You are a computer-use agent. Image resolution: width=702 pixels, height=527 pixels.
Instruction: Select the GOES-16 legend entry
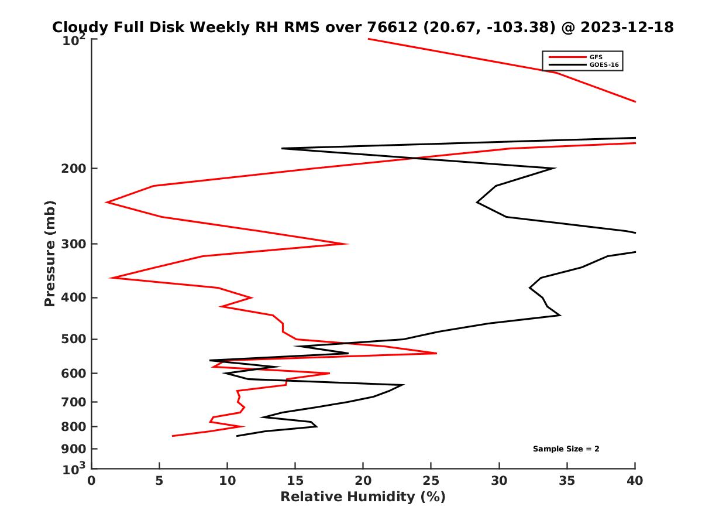pos(605,65)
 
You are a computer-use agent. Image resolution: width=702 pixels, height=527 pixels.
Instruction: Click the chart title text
pos(363,27)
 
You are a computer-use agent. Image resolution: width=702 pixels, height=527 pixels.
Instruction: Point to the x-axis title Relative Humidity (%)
pos(363,497)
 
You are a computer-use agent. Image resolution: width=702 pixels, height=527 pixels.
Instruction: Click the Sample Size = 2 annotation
pos(566,449)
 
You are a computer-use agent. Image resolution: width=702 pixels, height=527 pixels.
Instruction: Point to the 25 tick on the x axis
pos(431,481)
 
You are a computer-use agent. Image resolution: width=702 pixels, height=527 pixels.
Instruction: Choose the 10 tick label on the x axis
pos(227,481)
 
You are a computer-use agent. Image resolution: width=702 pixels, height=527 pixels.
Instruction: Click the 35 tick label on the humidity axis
pos(567,481)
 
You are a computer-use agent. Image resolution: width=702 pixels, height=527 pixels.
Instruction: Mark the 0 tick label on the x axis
pos(92,481)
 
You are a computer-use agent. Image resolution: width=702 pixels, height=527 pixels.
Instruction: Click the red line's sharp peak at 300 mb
pos(348,244)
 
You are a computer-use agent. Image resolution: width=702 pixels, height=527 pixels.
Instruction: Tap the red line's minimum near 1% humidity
pos(106,202)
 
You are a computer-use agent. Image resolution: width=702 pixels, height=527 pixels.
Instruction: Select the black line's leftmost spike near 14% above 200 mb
pos(282,148)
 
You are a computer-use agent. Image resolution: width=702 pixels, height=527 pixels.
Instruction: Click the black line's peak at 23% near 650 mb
pos(404,385)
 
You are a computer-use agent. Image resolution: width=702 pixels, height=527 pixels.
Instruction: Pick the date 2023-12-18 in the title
pos(625,27)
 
